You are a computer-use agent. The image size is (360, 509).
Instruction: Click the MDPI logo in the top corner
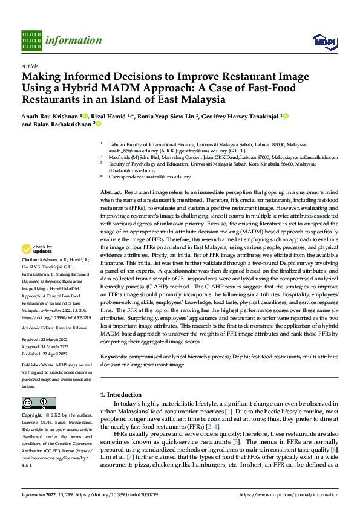[321, 41]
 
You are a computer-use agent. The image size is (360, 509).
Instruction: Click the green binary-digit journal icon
[31, 40]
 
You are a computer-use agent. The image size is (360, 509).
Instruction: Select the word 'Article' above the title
[30, 66]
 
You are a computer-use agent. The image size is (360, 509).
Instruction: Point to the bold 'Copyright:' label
[34, 416]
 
